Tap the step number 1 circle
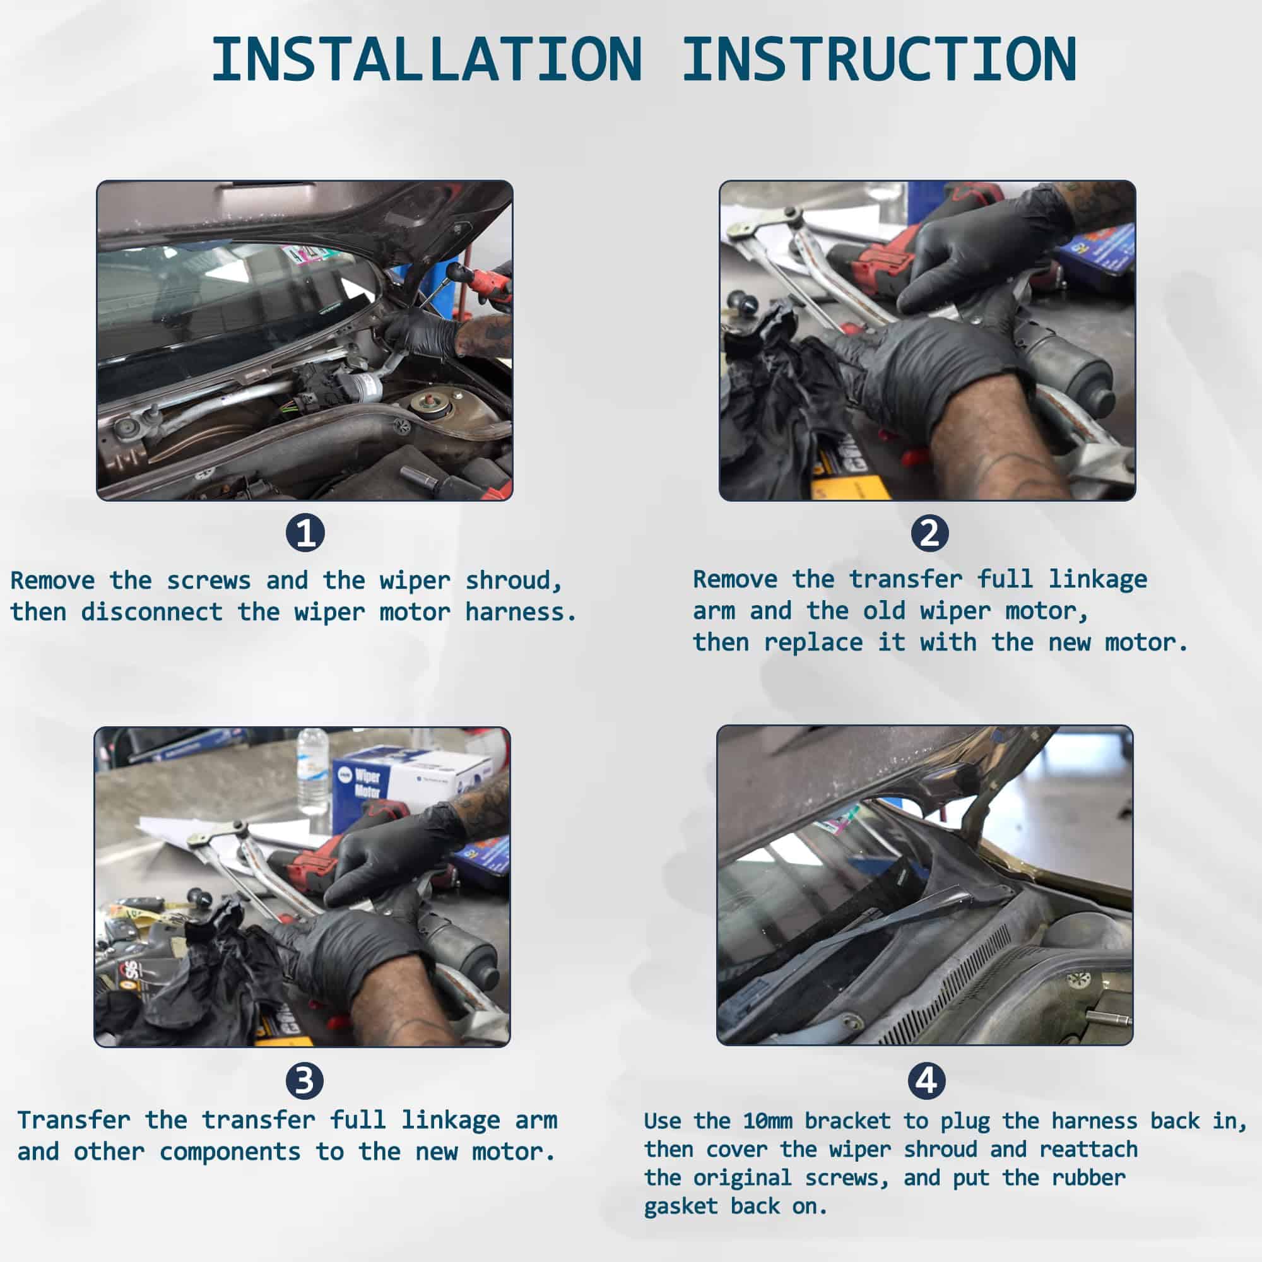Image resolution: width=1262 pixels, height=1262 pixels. coord(305,533)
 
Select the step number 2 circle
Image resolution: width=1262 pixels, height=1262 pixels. coord(929,533)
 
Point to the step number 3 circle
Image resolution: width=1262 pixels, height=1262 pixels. coord(304,1080)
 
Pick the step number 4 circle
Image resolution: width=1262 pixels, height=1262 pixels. coord(926,1080)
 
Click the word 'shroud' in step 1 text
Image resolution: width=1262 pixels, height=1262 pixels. coord(513,580)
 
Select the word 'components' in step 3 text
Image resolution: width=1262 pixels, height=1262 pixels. coord(230,1152)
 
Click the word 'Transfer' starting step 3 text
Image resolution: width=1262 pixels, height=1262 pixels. coord(74,1119)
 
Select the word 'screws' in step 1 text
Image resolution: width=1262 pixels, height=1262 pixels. coord(208,580)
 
